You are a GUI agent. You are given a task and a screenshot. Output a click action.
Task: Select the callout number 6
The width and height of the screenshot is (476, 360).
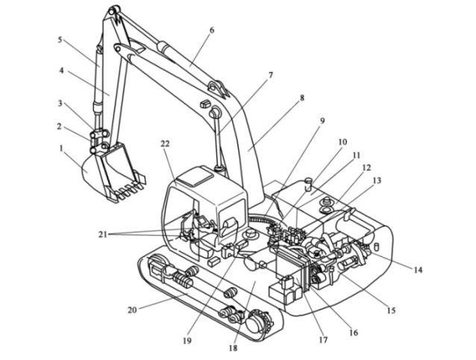211,31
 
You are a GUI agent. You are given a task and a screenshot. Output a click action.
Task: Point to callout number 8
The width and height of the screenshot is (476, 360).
302,98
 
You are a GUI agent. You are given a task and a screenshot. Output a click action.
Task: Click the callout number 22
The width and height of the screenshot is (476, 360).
166,143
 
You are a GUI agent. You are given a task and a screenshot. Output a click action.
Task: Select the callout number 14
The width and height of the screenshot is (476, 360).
416,270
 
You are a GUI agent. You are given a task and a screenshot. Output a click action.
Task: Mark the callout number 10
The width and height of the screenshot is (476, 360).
342,142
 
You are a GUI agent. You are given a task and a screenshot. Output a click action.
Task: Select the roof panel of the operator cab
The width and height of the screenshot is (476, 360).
197,177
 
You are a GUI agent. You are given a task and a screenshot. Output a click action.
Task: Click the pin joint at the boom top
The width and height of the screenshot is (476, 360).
115,13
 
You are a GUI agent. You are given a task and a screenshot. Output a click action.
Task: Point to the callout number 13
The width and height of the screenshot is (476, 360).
376,181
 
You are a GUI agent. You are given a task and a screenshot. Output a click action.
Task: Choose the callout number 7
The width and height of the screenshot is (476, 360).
270,75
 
